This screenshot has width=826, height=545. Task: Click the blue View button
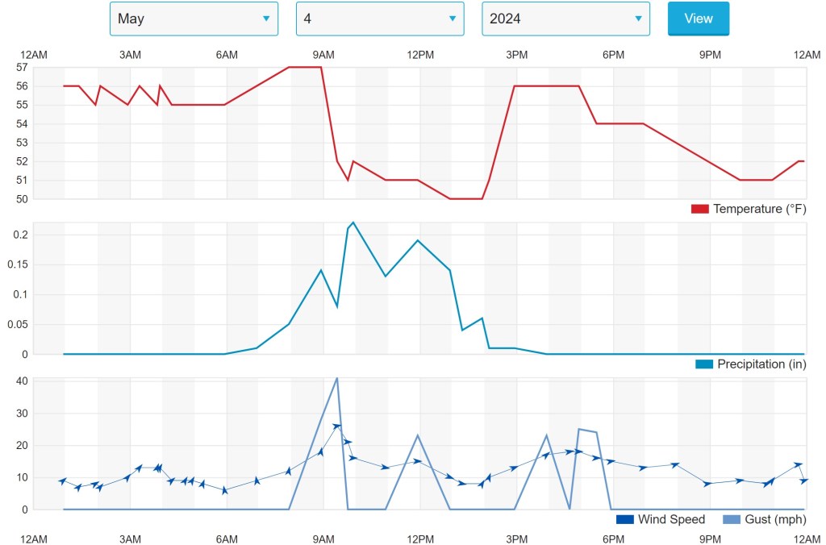pos(698,19)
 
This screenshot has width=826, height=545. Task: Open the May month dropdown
pos(194,19)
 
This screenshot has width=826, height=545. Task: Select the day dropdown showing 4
pos(380,19)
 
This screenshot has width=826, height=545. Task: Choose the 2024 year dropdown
pos(565,19)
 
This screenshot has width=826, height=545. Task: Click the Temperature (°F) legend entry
pos(749,209)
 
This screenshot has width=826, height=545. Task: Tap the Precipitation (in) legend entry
pos(750,364)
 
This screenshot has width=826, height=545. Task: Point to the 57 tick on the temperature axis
pos(22,67)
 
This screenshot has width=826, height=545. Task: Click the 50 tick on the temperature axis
pos(22,199)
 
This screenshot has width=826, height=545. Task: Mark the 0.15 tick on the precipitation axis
pos(18,264)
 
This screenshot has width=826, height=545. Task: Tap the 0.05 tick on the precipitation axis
pos(18,324)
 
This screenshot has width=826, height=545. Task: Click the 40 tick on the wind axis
pos(22,381)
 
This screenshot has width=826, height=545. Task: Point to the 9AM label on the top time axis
pos(323,54)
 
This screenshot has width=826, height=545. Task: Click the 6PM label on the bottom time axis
pos(613,539)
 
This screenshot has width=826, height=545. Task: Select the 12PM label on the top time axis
pos(420,54)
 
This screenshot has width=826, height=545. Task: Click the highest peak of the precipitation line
pos(353,222)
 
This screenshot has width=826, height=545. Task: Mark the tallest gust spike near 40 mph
pos(336,378)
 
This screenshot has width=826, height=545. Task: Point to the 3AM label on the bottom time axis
pos(130,539)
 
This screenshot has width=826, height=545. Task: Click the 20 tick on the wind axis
pos(22,445)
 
